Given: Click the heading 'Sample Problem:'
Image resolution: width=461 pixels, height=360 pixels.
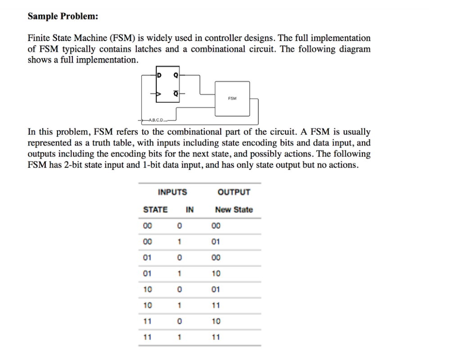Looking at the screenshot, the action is (x=63, y=17).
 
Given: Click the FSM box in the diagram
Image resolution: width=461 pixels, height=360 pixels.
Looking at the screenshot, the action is (x=232, y=98).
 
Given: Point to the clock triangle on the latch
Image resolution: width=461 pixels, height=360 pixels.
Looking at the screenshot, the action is (x=158, y=94).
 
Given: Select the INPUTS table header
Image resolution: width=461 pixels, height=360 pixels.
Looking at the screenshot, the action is (x=172, y=192).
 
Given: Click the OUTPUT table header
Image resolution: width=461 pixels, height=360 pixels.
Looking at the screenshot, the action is (x=234, y=192).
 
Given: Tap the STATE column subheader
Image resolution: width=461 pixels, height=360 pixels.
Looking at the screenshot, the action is (x=155, y=210).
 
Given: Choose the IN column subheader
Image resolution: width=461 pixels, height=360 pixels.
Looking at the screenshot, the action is (x=190, y=210).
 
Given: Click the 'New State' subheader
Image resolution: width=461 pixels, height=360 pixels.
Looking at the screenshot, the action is (x=234, y=210).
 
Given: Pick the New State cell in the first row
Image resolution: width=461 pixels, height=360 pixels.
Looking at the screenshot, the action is (x=216, y=226).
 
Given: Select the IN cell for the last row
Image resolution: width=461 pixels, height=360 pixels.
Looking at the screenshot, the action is (x=179, y=337).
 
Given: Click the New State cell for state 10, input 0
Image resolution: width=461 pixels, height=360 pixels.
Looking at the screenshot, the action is (x=216, y=289).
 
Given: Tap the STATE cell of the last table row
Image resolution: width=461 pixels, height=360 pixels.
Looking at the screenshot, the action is (x=147, y=337).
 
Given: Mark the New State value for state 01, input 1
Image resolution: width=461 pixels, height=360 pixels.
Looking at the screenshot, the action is (x=216, y=273).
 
